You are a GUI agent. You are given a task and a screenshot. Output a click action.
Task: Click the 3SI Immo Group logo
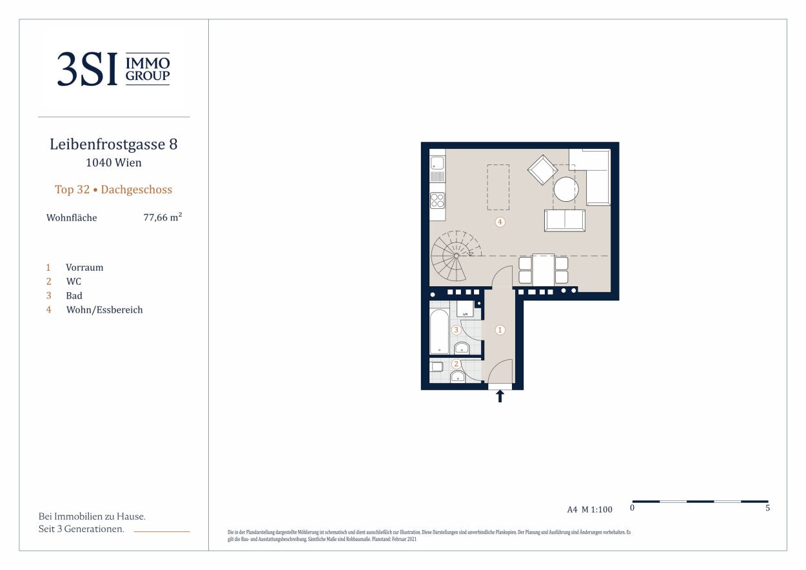click(x=113, y=69)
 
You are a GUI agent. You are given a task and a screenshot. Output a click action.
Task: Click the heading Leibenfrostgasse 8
click(x=113, y=144)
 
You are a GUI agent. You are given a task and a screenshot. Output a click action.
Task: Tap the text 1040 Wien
click(x=113, y=162)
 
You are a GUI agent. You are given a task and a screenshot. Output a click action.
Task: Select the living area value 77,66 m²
click(x=162, y=217)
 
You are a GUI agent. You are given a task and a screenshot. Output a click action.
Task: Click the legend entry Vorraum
click(x=84, y=268)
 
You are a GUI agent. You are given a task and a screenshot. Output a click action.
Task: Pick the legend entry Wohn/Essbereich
click(x=104, y=310)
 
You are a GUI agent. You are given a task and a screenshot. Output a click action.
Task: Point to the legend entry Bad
click(x=74, y=295)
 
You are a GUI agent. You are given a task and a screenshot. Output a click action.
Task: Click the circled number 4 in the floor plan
click(x=500, y=222)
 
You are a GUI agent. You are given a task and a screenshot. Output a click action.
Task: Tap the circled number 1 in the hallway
click(x=500, y=330)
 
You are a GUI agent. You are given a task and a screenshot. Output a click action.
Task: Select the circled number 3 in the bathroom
click(x=457, y=329)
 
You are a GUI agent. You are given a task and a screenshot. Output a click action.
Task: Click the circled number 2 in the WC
click(x=457, y=364)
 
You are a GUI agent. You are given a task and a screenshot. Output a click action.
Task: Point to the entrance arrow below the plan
click(x=500, y=397)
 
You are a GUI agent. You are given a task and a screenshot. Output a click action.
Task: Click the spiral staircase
click(x=457, y=256)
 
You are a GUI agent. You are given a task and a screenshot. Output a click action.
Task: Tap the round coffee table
click(x=566, y=190)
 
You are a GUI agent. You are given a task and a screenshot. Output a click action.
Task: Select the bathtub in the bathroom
click(x=439, y=332)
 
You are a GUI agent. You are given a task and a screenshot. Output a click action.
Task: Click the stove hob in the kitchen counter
click(x=437, y=201)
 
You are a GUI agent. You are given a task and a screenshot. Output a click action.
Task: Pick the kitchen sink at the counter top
click(x=437, y=162)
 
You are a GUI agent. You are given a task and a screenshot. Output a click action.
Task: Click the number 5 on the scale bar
click(x=767, y=507)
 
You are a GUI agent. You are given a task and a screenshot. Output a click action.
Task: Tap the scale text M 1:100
click(x=597, y=509)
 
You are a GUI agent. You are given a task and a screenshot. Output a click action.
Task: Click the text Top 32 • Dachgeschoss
click(x=113, y=190)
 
